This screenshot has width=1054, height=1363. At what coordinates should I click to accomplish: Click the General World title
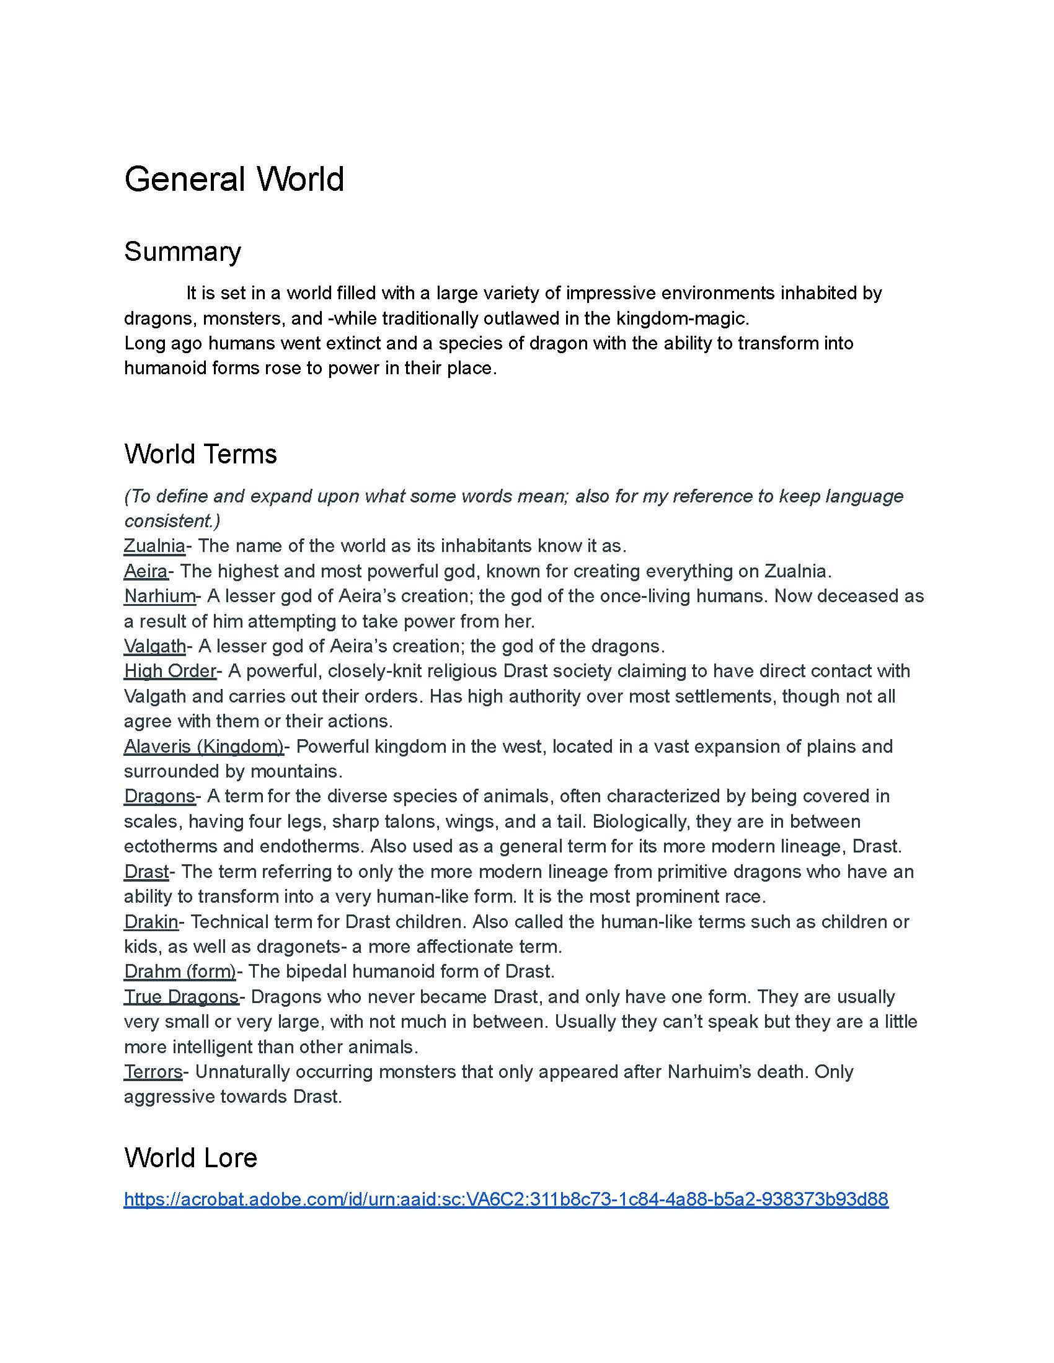(x=234, y=179)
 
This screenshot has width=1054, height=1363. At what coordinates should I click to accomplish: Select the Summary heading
(x=182, y=252)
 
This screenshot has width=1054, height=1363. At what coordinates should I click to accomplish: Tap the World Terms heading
(x=200, y=454)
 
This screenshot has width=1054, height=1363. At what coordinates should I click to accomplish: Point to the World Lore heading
(x=190, y=1158)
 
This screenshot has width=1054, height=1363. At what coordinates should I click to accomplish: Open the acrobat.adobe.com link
(x=506, y=1199)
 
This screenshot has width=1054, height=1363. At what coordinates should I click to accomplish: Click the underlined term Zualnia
(x=154, y=546)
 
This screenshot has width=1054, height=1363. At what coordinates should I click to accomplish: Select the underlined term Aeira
(x=146, y=571)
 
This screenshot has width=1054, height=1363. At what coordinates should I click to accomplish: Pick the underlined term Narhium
(x=159, y=596)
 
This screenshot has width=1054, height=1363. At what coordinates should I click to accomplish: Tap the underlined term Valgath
(x=155, y=646)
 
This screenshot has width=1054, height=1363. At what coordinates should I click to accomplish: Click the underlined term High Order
(x=170, y=671)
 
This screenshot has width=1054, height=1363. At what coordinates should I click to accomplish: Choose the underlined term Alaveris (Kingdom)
(x=203, y=747)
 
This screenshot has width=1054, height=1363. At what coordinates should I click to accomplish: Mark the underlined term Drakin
(x=151, y=922)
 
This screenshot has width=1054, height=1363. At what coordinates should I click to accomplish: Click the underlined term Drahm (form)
(x=180, y=971)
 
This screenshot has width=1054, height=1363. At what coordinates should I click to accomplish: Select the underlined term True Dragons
(x=181, y=997)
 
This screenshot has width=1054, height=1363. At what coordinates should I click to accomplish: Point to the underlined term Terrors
(x=153, y=1072)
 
